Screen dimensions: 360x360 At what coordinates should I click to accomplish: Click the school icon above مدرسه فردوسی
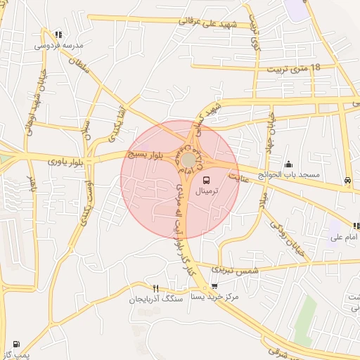[58, 34]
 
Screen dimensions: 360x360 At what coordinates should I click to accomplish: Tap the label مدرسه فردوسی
[58, 46]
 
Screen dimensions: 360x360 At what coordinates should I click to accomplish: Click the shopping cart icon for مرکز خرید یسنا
[214, 286]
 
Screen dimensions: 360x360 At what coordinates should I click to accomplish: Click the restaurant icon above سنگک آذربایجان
[155, 288]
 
